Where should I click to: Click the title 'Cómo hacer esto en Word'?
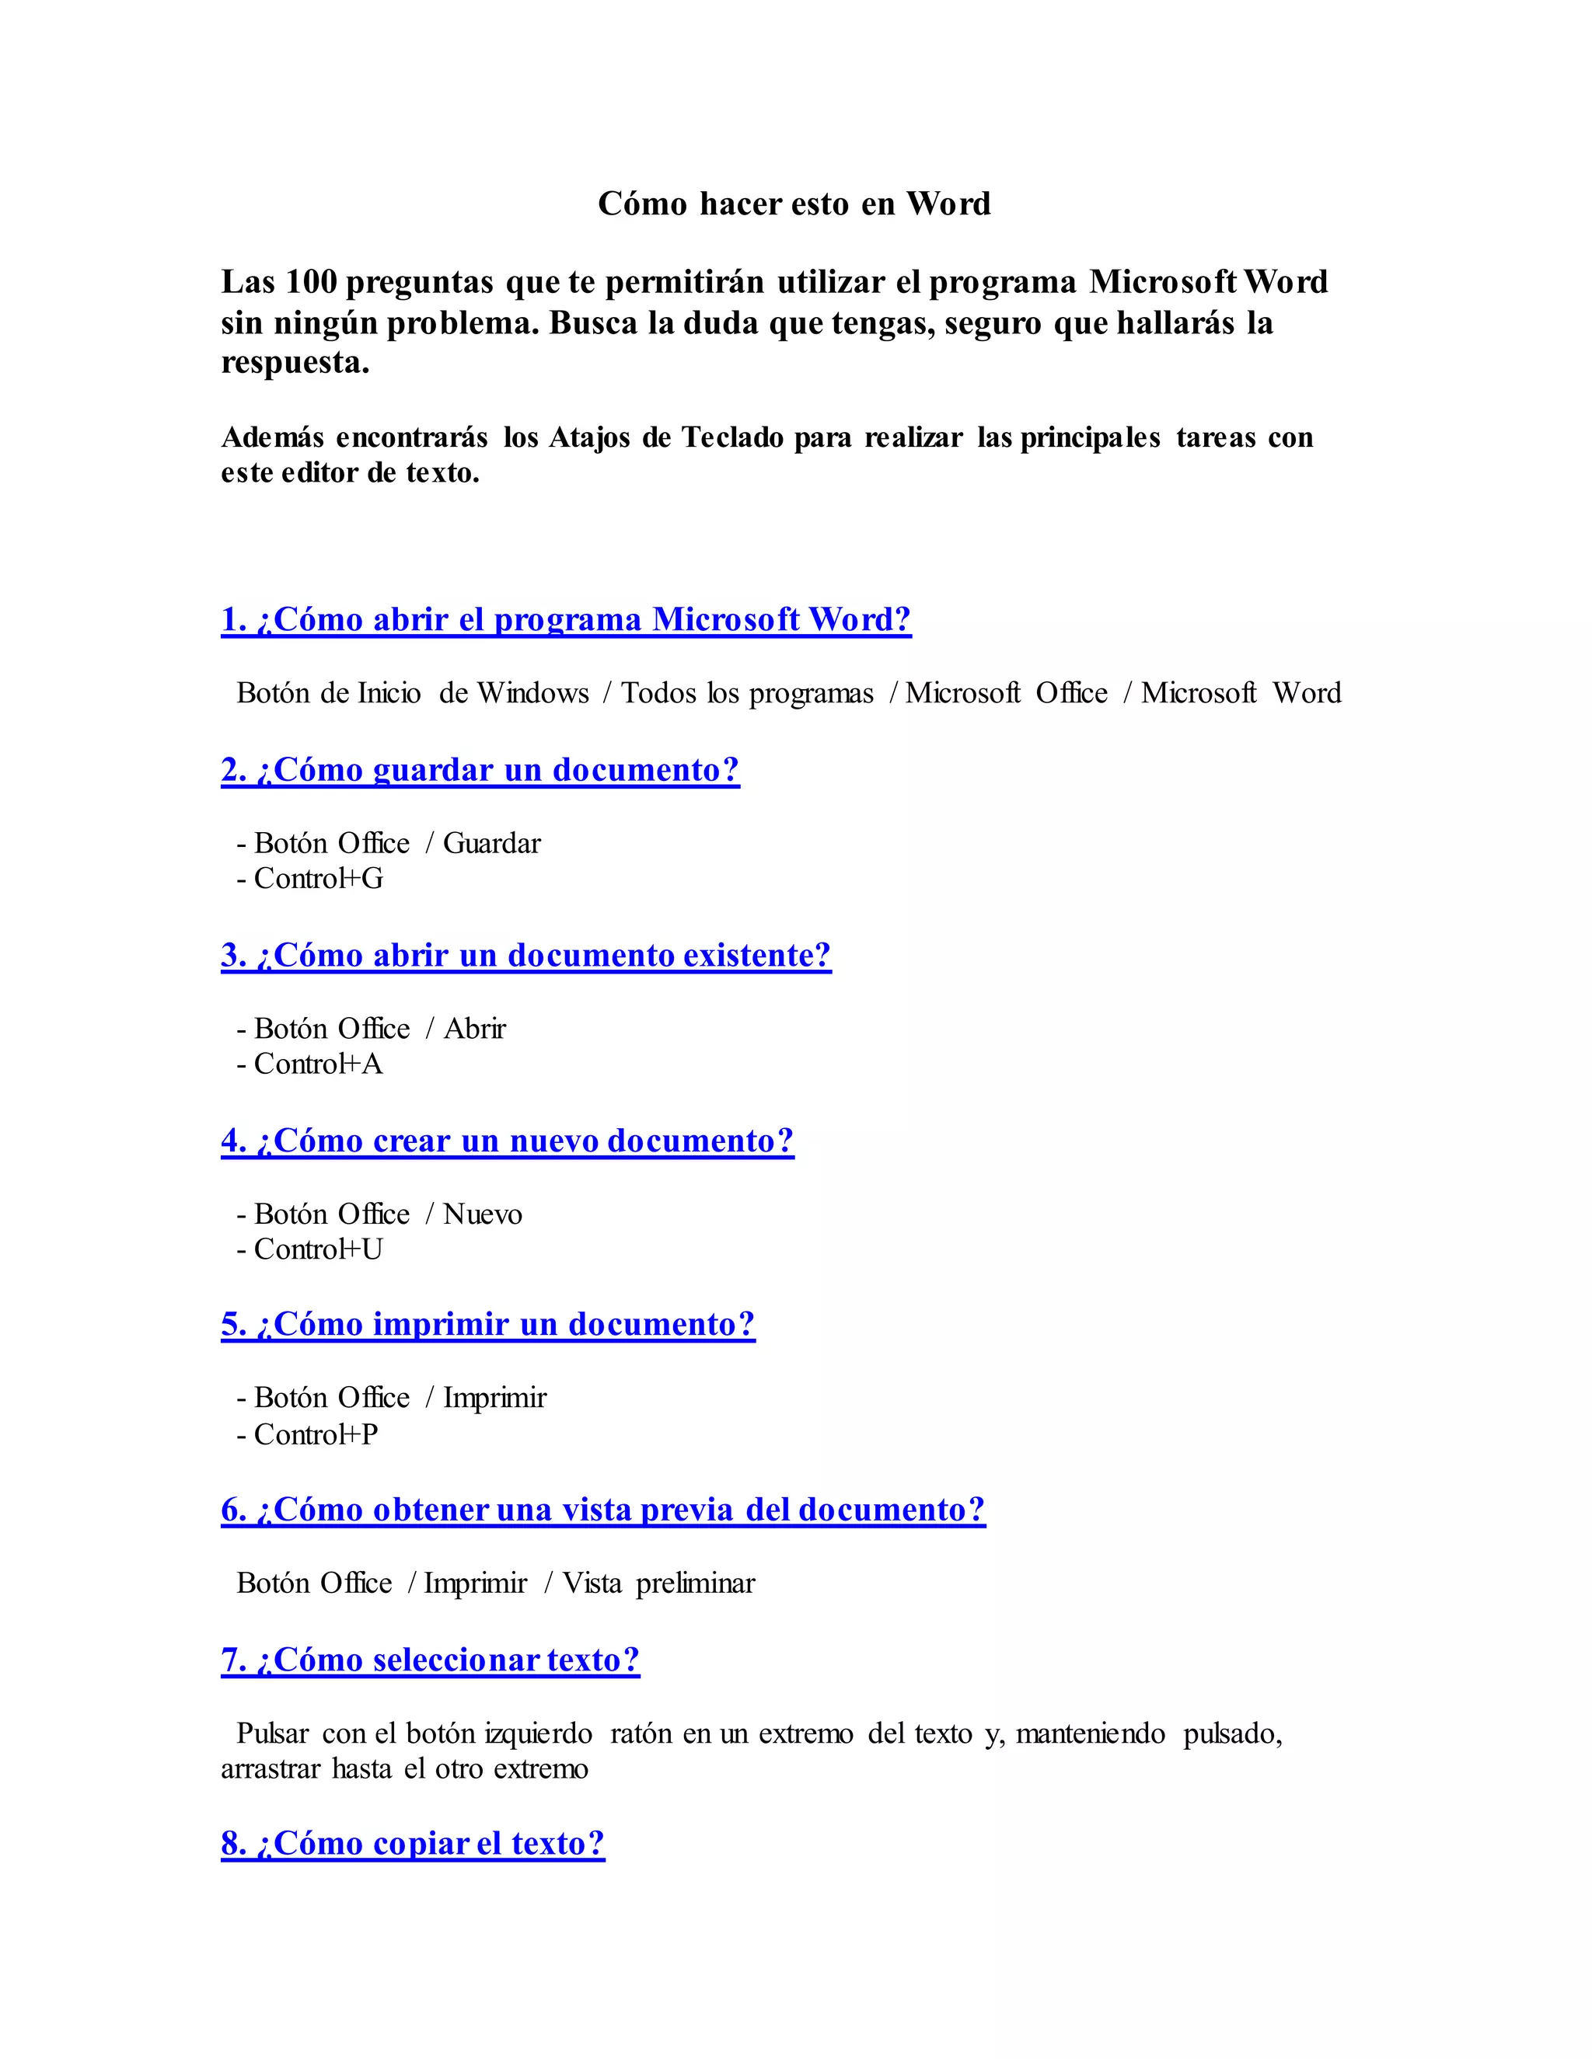click(x=794, y=204)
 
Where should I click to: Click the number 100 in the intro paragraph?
click(x=310, y=282)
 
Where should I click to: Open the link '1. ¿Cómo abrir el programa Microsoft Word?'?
click(x=566, y=619)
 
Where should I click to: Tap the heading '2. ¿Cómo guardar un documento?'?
click(x=480, y=770)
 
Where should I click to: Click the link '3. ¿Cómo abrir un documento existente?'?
click(x=526, y=955)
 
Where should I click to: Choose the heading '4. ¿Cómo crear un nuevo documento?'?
click(x=508, y=1141)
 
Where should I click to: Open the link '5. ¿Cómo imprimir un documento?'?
click(x=487, y=1325)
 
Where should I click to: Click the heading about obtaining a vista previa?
click(x=602, y=1510)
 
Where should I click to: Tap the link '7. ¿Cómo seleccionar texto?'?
click(x=430, y=1660)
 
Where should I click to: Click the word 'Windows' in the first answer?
click(x=532, y=693)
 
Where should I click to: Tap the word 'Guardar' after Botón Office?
click(x=491, y=843)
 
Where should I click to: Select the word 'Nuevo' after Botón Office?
click(x=482, y=1214)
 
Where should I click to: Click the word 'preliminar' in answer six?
click(x=695, y=1583)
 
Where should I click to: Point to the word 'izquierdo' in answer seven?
click(x=538, y=1733)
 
